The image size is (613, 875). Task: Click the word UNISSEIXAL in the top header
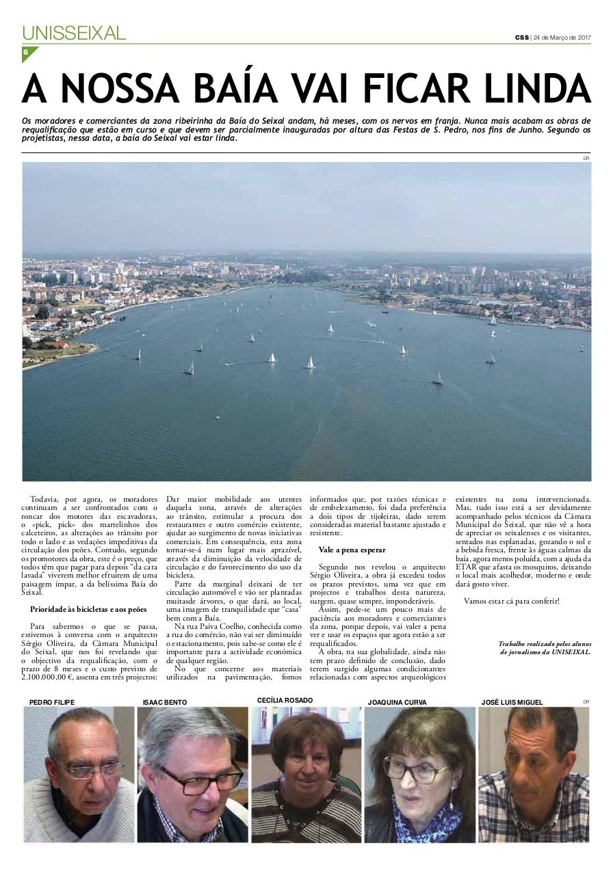click(74, 33)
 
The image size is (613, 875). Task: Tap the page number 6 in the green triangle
click(26, 53)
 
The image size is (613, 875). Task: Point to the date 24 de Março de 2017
click(562, 37)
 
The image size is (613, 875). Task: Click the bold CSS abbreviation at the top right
click(522, 37)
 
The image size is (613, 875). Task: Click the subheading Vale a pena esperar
click(352, 550)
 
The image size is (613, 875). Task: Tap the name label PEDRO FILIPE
click(52, 702)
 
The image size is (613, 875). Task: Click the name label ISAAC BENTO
click(164, 702)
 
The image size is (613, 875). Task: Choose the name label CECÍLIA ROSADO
click(285, 700)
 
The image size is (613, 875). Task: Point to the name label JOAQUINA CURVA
click(397, 702)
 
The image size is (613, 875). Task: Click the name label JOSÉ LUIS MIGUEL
click(512, 702)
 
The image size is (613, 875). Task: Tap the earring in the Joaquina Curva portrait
click(452, 796)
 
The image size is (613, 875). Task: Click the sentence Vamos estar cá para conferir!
click(512, 601)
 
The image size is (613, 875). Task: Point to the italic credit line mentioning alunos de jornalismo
click(545, 647)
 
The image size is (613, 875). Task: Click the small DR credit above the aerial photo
click(586, 158)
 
